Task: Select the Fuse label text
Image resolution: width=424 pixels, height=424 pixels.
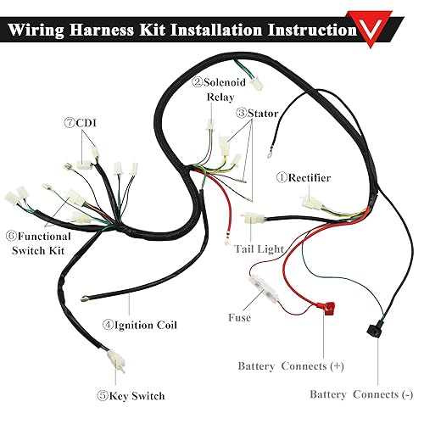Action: [x=239, y=318]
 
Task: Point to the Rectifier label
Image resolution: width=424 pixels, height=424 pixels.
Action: [x=303, y=177]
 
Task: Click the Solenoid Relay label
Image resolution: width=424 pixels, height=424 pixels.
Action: [x=220, y=89]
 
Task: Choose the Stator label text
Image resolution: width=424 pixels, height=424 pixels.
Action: [x=258, y=112]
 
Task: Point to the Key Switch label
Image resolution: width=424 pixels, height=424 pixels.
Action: [x=132, y=395]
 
